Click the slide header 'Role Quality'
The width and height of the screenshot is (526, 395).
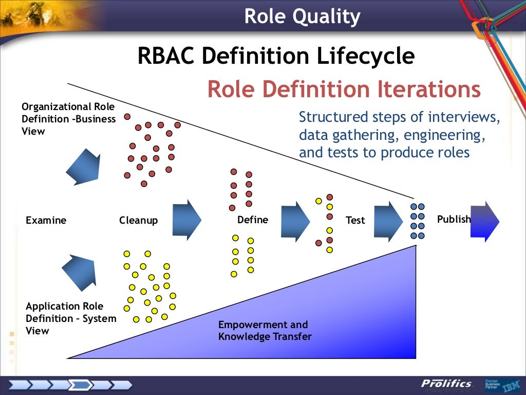coord(302,16)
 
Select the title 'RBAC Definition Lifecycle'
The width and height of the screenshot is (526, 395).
coord(276,56)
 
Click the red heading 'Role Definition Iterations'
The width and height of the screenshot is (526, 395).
coord(344,89)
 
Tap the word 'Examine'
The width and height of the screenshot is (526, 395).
coord(46,220)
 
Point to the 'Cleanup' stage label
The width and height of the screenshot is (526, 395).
coord(139,220)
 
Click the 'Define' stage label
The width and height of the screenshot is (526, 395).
coord(252,220)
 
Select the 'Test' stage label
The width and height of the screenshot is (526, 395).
coord(355,220)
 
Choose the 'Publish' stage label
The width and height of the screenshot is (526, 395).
coord(454,219)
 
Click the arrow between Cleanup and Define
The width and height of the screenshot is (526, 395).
coord(187,220)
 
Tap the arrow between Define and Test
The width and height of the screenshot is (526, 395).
coord(295,221)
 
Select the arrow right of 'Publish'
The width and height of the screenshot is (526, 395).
coord(485,221)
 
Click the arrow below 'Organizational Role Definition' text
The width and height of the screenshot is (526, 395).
coord(83,167)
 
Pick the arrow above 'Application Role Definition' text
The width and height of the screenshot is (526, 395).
coord(79,272)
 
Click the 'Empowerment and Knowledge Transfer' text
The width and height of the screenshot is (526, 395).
coord(265,331)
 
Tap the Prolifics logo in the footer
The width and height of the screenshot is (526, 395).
coord(446,384)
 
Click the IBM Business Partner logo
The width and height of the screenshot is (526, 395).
coord(501,384)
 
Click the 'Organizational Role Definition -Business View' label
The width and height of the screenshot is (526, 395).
coord(68,119)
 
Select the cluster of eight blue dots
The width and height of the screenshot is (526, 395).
coord(418,221)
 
